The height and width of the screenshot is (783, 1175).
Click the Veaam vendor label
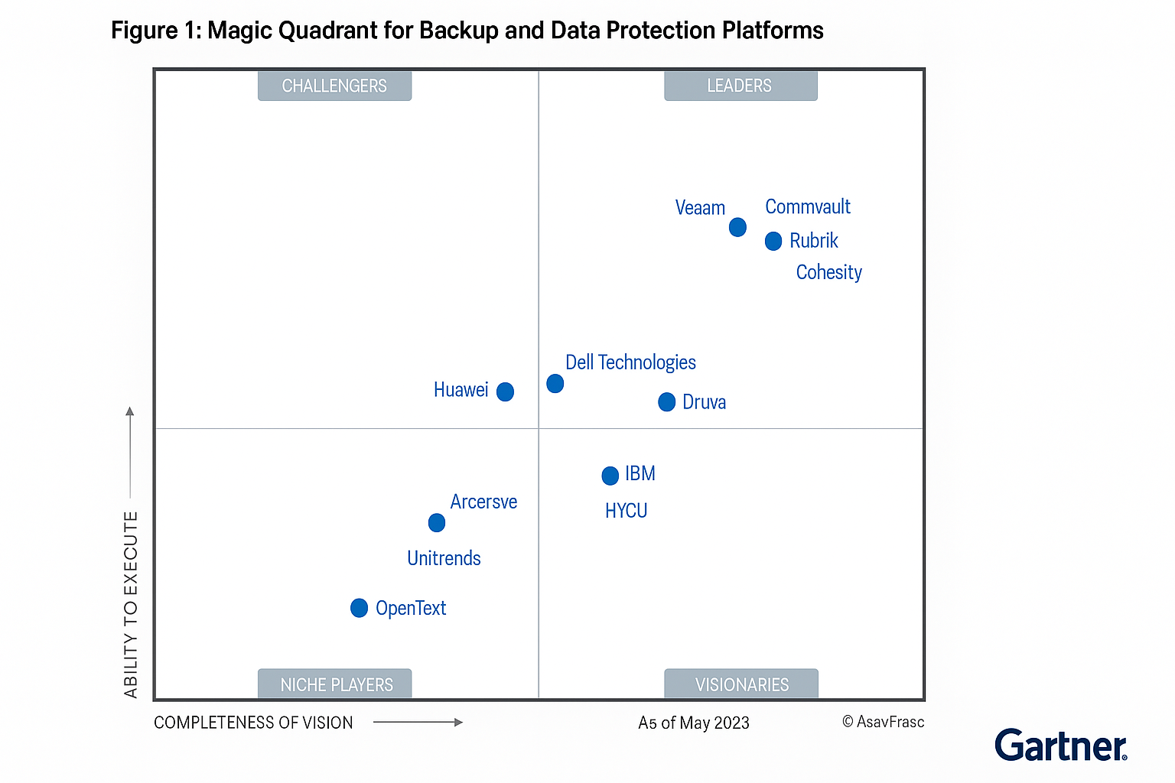[700, 208]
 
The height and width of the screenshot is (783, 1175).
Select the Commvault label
[808, 207]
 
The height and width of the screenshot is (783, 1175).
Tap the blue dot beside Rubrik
[773, 242]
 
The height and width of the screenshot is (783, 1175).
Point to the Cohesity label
[828, 273]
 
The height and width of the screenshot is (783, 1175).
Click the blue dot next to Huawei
[505, 391]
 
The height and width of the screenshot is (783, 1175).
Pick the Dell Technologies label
[630, 362]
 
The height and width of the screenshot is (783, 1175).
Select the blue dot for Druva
[667, 402]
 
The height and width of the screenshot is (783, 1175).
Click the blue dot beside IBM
[610, 476]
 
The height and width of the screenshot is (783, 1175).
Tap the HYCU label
[626, 511]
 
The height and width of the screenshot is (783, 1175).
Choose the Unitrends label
[444, 558]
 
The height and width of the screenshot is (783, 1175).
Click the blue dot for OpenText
[359, 608]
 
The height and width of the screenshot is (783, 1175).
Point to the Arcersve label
[483, 502]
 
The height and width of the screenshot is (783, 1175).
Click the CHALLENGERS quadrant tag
[334, 86]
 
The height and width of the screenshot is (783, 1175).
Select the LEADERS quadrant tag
[740, 86]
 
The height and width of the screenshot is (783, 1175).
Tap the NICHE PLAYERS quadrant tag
[336, 684]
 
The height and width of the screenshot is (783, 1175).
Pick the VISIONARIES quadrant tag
[741, 684]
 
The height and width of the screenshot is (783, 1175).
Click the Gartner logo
[1060, 746]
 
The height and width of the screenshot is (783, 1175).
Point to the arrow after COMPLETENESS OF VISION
[418, 723]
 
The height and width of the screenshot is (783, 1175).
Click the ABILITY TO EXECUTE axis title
[131, 604]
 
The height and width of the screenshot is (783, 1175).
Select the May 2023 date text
[694, 723]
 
